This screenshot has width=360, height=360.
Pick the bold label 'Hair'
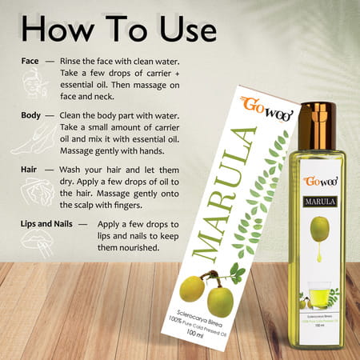click(33, 170)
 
